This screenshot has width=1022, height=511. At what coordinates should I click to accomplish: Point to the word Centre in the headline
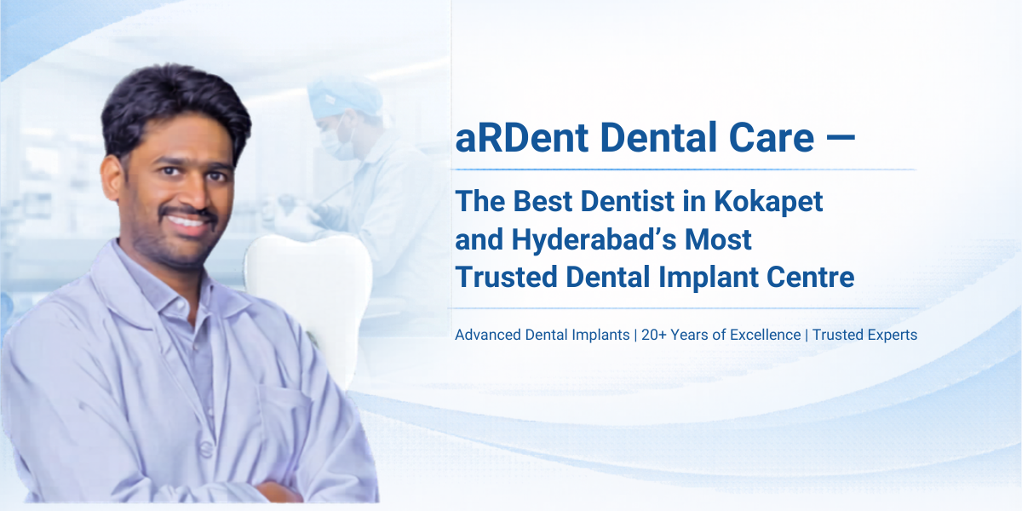click(812, 277)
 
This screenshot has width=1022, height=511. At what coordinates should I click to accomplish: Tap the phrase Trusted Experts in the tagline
click(864, 335)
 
